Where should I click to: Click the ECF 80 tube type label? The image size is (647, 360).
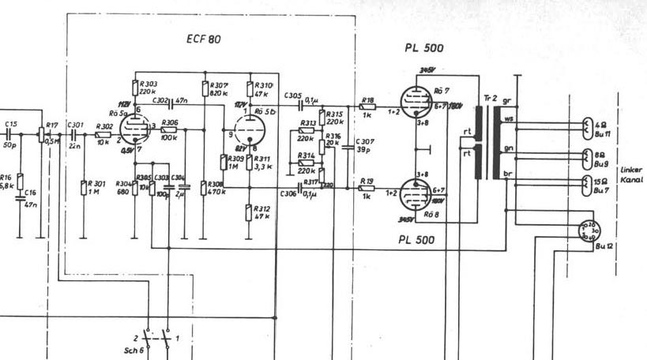point(203,39)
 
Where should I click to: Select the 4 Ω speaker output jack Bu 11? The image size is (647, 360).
point(586,126)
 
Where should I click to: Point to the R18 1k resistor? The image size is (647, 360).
point(367,108)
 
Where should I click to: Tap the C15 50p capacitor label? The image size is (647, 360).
point(11,128)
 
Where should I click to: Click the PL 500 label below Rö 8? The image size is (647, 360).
point(416,238)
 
